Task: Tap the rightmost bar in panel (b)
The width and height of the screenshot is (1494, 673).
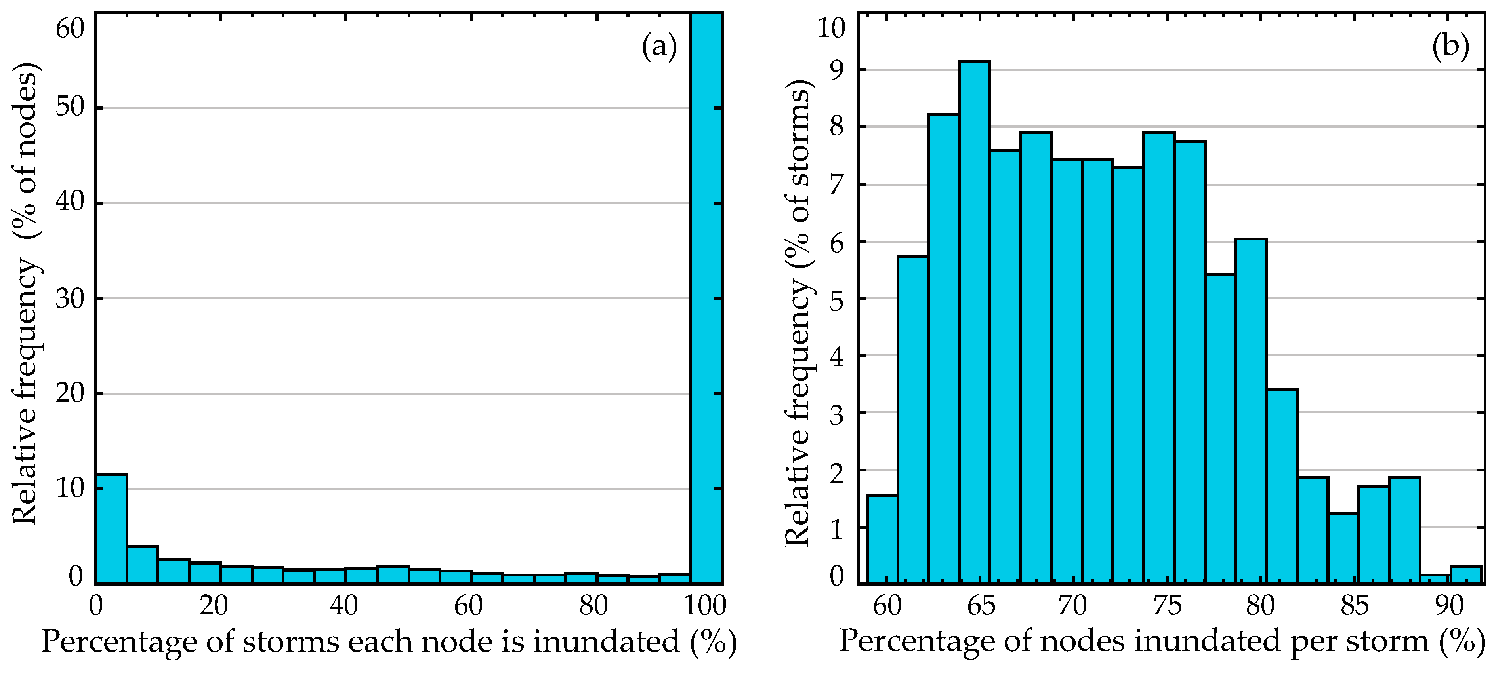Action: point(1465,574)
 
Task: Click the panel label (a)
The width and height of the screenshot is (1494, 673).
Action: point(659,46)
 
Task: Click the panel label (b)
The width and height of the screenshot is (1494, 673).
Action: point(1450,46)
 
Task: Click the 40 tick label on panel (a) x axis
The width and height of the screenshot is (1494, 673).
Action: point(344,606)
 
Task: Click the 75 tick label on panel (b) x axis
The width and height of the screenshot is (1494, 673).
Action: point(1167,606)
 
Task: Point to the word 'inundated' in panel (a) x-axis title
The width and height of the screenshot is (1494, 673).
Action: point(606,642)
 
